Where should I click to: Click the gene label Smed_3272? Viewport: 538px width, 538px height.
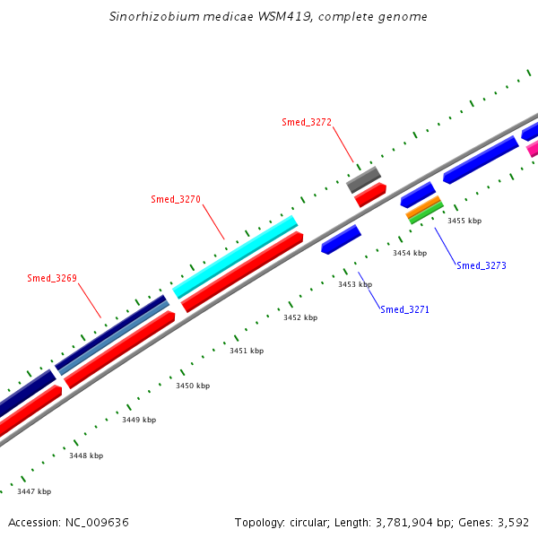coord(307,122)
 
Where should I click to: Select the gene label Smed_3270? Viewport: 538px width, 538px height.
coord(176,199)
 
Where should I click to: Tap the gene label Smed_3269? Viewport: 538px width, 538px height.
coord(52,278)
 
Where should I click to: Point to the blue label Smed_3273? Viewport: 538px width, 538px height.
coord(482,265)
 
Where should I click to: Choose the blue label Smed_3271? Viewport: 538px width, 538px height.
coord(405,309)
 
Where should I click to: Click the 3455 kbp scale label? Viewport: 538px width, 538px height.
coord(464,221)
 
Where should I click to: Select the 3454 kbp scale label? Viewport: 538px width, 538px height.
coord(410,253)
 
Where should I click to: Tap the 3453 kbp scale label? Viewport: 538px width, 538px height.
coord(355,284)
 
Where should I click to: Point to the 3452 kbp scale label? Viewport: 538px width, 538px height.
coord(300,317)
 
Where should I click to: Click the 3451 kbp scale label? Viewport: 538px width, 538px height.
coord(247,351)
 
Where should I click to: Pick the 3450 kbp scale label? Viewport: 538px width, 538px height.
coord(193,386)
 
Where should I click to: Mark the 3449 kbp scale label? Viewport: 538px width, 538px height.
coord(139,420)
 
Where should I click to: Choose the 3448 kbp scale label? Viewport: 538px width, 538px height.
coord(86,456)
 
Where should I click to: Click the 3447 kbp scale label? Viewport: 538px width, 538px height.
coord(34,491)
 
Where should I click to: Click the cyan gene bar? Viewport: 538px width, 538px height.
coord(235,256)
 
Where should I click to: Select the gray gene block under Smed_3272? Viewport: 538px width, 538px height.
coord(364,179)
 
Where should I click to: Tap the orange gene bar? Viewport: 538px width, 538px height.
coord(423,208)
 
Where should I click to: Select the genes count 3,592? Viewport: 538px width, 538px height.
coord(512,522)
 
